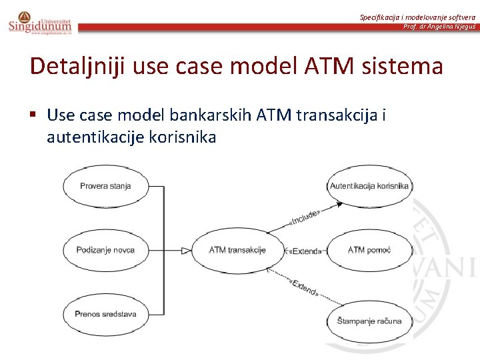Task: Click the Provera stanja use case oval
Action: (x=105, y=186)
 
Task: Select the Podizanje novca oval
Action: (x=105, y=250)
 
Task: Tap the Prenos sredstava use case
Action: (x=105, y=313)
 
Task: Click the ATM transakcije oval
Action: (x=237, y=250)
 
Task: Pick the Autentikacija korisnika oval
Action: (x=369, y=186)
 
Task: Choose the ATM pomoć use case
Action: (x=369, y=250)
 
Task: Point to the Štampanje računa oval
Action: (x=369, y=321)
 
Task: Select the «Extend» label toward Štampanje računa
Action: (x=304, y=288)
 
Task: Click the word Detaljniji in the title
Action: (x=78, y=67)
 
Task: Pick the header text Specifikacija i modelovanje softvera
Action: (x=417, y=17)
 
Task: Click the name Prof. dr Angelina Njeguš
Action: (x=439, y=27)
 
